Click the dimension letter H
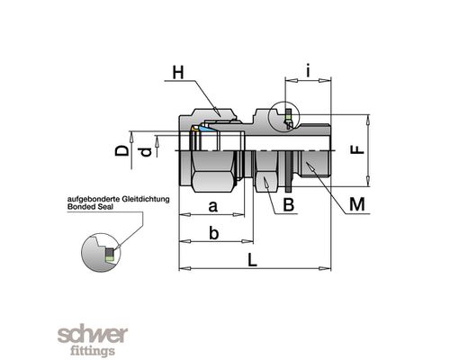point(178,73)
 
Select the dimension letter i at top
point(308,72)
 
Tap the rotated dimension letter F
point(357,149)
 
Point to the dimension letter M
point(357,204)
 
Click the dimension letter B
point(289,205)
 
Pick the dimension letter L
point(252,260)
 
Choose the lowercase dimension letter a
point(212,207)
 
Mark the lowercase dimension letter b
point(213,233)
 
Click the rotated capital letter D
point(121,151)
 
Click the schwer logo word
point(93,336)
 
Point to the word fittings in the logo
point(93,351)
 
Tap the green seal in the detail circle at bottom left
point(109,257)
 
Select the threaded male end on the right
point(315,164)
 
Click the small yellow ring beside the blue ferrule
point(194,129)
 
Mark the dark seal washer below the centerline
point(289,172)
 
